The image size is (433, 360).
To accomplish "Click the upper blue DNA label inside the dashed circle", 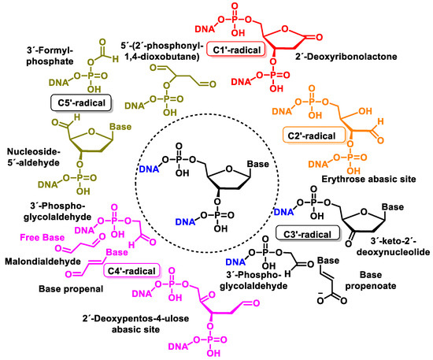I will [150, 169].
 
